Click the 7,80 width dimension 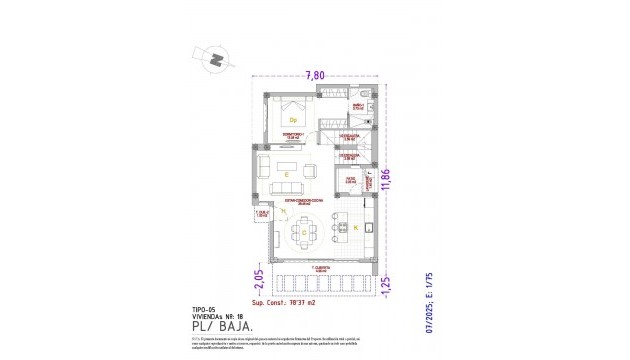click(315, 74)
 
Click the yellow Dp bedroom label click(294, 120)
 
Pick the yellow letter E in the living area click(287, 175)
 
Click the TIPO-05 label click(202, 309)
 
